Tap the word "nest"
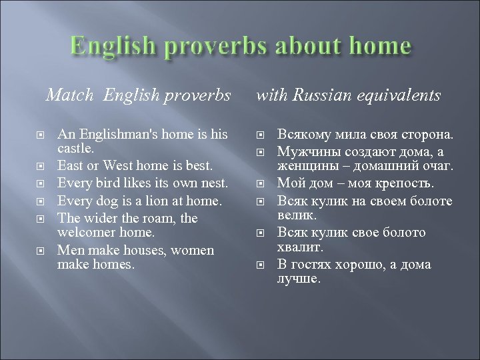pyautogui.click(x=213, y=183)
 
